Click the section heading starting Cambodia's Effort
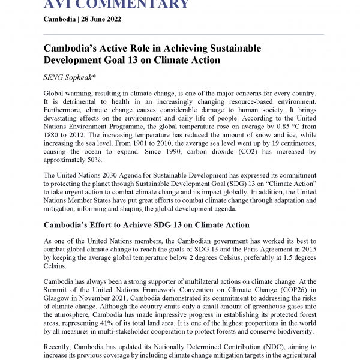pyautogui.click(x=146, y=225)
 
